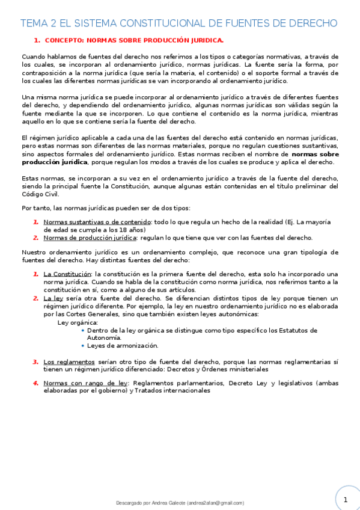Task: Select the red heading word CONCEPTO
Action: click(64, 40)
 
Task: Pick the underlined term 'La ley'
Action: click(53, 298)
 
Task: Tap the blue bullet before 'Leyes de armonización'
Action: click(82, 345)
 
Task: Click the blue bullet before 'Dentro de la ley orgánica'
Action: click(82, 330)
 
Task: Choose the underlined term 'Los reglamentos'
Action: click(69, 361)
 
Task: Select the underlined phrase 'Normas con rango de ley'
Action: click(85, 382)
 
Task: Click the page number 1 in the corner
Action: click(346, 499)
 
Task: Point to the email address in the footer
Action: click(215, 503)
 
